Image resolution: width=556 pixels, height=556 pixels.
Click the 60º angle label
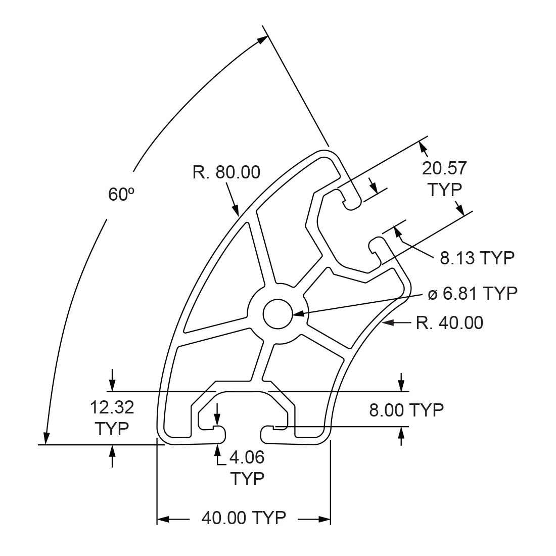(x=121, y=194)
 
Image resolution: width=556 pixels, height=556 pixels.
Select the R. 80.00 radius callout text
(x=226, y=172)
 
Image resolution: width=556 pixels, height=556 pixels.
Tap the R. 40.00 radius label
(x=450, y=323)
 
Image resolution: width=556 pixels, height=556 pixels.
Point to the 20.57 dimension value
(x=444, y=168)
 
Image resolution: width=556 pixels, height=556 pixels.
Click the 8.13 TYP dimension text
(x=477, y=258)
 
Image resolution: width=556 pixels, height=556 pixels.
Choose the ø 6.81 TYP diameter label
(x=473, y=293)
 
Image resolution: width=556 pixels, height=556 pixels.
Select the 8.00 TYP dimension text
(x=406, y=410)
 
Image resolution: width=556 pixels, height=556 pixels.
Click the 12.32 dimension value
(x=112, y=407)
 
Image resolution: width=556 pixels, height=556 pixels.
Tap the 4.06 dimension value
(x=247, y=457)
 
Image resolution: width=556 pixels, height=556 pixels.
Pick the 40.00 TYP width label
(x=244, y=518)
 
